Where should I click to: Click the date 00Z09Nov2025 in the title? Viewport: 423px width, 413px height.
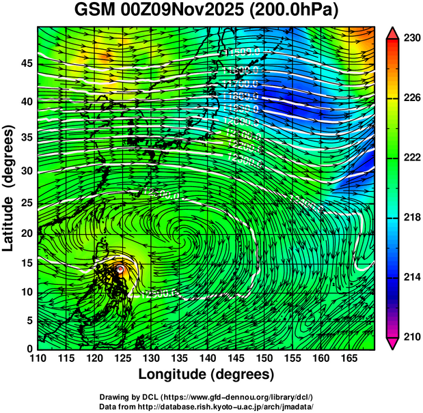click(190, 12)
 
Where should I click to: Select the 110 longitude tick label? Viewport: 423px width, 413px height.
click(38, 358)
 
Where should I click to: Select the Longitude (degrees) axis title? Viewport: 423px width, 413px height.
click(206, 375)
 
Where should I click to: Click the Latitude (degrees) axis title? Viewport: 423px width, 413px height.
click(9, 188)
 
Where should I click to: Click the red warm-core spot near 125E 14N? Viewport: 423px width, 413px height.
click(120, 270)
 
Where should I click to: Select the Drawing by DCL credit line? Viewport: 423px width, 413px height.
click(206, 397)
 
